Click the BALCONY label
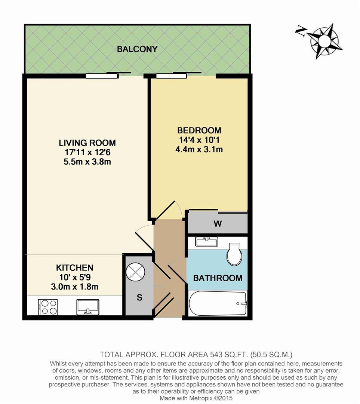coord(137,49)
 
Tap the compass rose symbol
coord(324,40)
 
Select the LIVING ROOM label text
coord(87,143)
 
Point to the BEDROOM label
coord(199,131)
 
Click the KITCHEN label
coord(74,268)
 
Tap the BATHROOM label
coord(218,278)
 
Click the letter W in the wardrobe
coord(218,224)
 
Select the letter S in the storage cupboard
coord(139,298)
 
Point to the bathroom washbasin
coord(206,242)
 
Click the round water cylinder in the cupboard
coord(135,272)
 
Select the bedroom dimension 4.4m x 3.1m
coord(199,150)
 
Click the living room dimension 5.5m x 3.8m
coord(87,162)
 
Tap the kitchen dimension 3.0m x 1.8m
coord(74,287)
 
